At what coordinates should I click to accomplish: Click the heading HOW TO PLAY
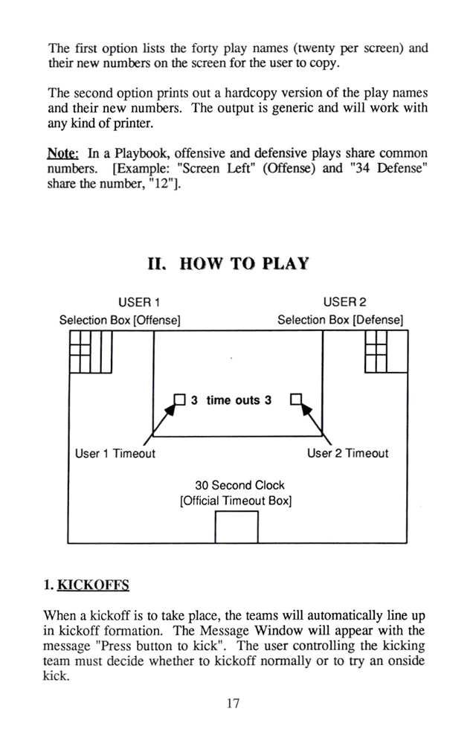244,264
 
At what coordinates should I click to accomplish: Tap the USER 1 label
139,302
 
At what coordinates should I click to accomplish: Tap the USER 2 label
345,302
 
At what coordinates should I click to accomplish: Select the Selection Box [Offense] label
120,320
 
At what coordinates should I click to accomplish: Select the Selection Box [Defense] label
340,320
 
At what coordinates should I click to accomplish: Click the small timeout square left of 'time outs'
180,399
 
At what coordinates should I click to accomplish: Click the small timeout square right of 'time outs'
296,399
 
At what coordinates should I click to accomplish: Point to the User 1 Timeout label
115,453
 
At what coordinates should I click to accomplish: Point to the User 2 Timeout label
347,453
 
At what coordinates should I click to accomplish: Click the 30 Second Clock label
239,485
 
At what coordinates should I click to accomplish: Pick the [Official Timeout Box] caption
236,501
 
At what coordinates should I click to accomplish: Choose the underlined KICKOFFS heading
93,585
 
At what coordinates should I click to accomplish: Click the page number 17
234,703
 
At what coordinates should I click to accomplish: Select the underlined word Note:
63,153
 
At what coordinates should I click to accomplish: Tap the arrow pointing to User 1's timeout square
158,424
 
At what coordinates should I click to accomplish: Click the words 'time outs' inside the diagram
233,400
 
